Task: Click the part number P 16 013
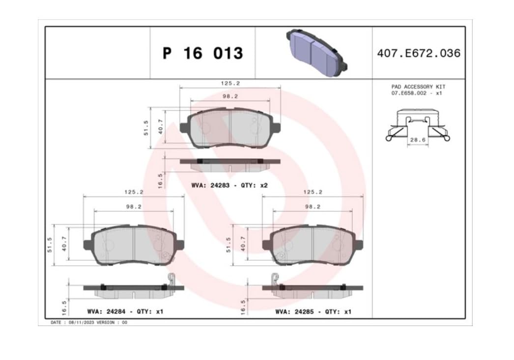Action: [x=203, y=54]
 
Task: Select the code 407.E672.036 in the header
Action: [x=419, y=53]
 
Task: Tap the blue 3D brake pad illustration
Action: [x=316, y=53]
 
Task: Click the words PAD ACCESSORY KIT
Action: [x=418, y=87]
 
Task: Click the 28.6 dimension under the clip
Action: [x=418, y=140]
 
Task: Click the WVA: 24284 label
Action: [x=106, y=311]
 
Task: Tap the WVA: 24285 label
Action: [x=294, y=311]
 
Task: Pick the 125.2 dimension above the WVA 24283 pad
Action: [x=230, y=83]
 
